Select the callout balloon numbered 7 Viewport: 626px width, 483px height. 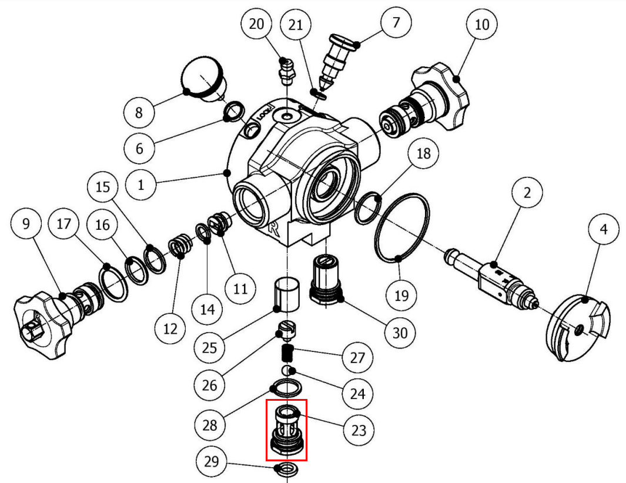(x=396, y=23)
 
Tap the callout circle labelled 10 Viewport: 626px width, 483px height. (x=482, y=24)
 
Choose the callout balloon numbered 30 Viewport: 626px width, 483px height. (x=400, y=333)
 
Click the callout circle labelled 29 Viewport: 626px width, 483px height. (x=212, y=461)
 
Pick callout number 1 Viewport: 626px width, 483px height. (x=140, y=185)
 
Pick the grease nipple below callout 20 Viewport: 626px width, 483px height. (x=286, y=69)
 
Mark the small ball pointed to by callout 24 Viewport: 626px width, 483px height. (x=287, y=371)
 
